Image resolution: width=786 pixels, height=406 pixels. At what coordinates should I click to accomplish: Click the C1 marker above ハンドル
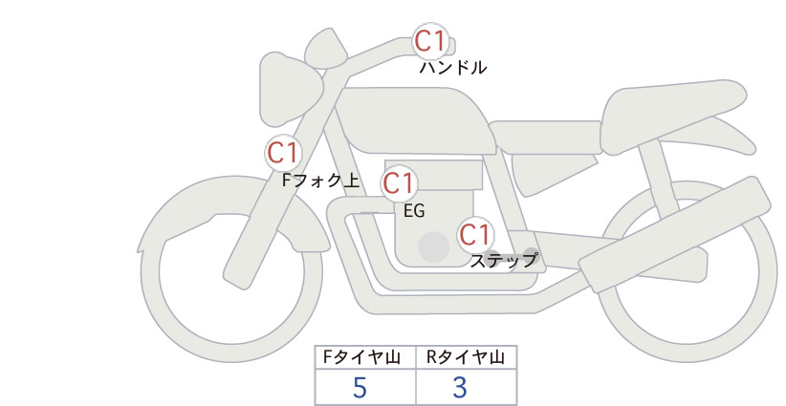[430, 41]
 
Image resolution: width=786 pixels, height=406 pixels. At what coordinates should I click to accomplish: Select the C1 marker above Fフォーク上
[283, 153]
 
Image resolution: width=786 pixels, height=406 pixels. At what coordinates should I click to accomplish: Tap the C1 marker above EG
[399, 183]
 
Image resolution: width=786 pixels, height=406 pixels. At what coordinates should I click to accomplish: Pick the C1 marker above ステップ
[475, 235]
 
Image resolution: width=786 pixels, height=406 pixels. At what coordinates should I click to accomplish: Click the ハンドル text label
[452, 68]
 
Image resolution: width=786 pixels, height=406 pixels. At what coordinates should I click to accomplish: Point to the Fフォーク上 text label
[321, 181]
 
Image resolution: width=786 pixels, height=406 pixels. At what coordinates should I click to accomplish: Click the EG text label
[414, 211]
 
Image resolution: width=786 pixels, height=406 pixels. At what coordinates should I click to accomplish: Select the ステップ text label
[503, 261]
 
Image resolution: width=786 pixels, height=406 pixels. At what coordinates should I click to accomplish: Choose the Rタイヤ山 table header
[466, 357]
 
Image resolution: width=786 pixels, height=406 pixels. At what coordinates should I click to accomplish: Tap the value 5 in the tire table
[360, 387]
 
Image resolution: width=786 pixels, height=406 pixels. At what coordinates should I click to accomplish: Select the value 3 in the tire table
[460, 387]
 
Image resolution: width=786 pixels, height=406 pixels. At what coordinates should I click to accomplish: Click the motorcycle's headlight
[290, 89]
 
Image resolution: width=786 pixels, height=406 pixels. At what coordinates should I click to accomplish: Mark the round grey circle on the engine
[433, 246]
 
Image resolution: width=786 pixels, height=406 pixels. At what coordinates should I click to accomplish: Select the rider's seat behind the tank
[545, 137]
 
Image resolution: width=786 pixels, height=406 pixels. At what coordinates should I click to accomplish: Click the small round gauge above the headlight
[326, 50]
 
